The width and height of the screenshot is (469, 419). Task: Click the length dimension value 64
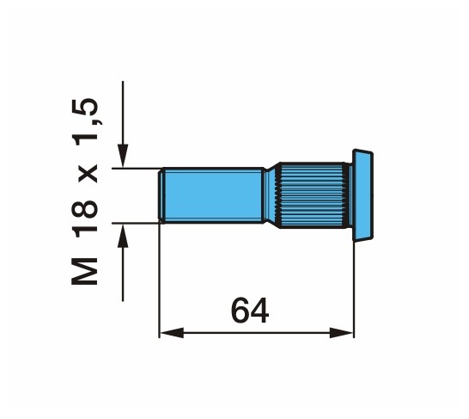[x=250, y=311]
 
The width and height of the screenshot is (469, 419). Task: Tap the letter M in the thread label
[x=85, y=271]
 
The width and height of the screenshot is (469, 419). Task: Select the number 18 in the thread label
[x=85, y=219]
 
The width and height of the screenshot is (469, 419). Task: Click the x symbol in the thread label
[x=88, y=174]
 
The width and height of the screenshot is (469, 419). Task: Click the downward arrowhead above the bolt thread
[x=123, y=155]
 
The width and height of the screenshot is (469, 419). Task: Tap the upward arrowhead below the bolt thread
[x=123, y=236]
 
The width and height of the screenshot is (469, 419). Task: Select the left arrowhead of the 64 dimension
[x=172, y=333]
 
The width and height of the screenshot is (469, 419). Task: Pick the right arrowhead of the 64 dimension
[x=341, y=333]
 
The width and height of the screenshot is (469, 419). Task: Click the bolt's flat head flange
[x=362, y=195]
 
